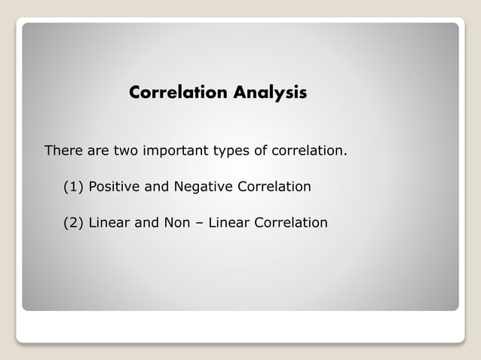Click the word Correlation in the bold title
coord(179,93)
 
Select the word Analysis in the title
coord(270,93)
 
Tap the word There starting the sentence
coord(63,151)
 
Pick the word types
coord(231,151)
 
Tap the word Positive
coord(115,186)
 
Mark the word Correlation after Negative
coord(274,186)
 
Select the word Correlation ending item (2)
coord(291,223)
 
